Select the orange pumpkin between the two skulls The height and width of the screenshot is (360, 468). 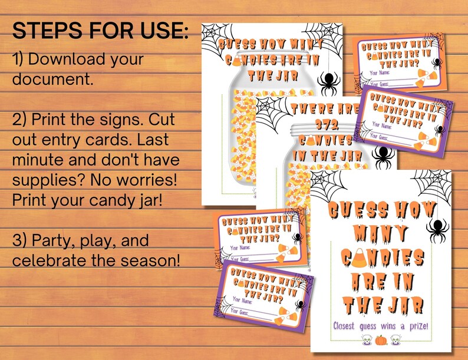[381, 340]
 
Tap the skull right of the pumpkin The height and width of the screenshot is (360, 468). [397, 340]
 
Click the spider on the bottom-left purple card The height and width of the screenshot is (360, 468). [301, 305]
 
